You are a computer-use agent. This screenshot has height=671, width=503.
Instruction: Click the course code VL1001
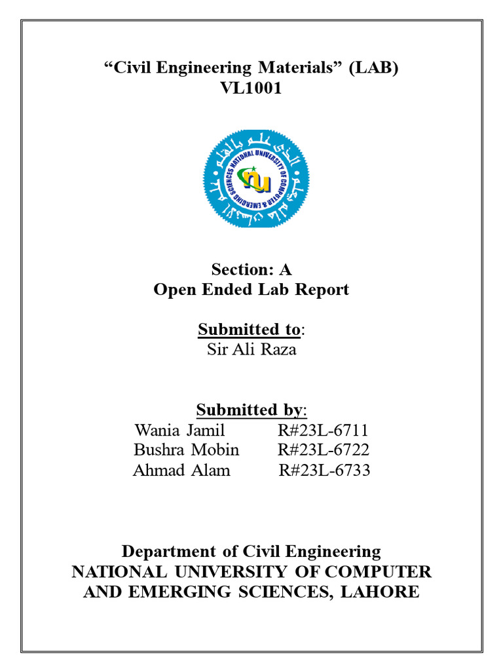pos(251,88)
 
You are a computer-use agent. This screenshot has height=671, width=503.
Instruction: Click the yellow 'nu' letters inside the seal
pos(257,178)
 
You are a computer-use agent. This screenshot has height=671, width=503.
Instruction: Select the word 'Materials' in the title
pos(293,67)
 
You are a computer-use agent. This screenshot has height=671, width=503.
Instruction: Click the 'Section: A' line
pos(251,269)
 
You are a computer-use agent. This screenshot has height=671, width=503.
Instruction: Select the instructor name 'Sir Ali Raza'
pos(251,349)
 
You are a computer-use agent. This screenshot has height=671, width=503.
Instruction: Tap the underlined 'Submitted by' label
pos(250,410)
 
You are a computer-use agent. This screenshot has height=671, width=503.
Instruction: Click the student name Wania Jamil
pos(179,431)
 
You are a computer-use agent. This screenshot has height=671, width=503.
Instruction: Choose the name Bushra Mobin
pos(187,450)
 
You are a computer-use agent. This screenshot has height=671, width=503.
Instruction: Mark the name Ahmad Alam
pos(181,470)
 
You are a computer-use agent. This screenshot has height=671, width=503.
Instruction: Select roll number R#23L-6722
pos(324,450)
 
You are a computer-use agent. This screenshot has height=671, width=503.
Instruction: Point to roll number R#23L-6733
pos(325,470)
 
